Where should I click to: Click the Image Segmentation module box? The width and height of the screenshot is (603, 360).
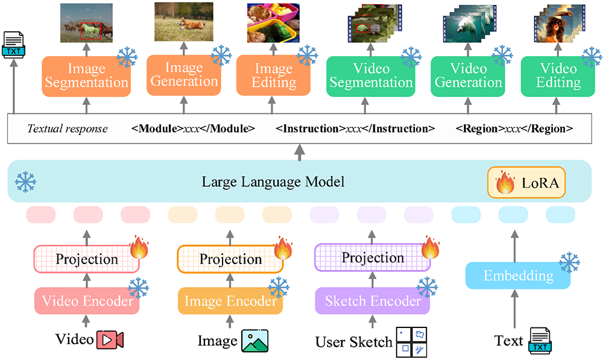86,76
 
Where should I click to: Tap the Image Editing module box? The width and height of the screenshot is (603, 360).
273,75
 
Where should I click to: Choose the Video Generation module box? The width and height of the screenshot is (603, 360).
467,75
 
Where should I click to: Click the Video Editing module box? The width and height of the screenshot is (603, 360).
558,75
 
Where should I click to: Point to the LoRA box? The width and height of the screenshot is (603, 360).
526,182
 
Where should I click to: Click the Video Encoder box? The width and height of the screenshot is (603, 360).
87,300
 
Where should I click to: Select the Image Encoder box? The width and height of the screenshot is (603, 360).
230,300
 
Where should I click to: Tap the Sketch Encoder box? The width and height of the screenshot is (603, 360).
373,300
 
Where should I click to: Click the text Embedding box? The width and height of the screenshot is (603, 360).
518,276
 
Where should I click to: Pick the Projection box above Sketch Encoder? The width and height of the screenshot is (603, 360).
373,258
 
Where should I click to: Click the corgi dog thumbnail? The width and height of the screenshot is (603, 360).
183,22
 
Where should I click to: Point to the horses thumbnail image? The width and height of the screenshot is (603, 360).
86,24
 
